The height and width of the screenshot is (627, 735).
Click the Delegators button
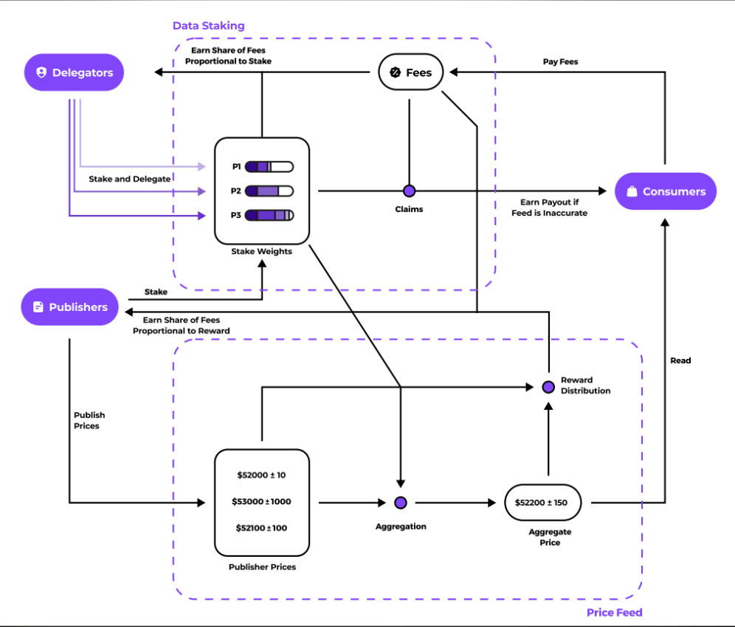pos(74,72)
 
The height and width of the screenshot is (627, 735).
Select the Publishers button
pos(70,307)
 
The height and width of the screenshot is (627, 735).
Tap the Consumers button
pos(666,191)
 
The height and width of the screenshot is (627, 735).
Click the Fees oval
pos(410,72)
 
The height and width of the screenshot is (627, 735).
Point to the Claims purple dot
pos(409,191)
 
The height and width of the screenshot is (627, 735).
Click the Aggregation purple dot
pos(400,503)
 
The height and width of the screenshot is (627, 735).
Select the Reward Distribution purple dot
pos(548,386)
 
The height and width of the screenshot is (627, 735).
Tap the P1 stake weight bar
pos(269,167)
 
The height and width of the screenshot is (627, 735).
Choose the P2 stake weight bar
pos(269,191)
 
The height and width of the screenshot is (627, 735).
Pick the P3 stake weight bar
pos(269,216)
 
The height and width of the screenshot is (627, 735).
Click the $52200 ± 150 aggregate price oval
pos(543,503)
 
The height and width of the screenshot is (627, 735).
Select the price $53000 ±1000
pos(261,501)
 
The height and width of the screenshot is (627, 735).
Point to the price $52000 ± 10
pos(261,475)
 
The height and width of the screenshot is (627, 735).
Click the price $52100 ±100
pos(261,528)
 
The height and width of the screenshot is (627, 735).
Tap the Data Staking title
pos(208,26)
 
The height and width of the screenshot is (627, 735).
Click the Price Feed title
pos(614,612)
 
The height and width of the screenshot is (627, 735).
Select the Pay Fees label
pos(560,62)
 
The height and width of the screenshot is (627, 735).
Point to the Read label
pos(680,360)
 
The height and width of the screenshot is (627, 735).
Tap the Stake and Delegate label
pos(130,179)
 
